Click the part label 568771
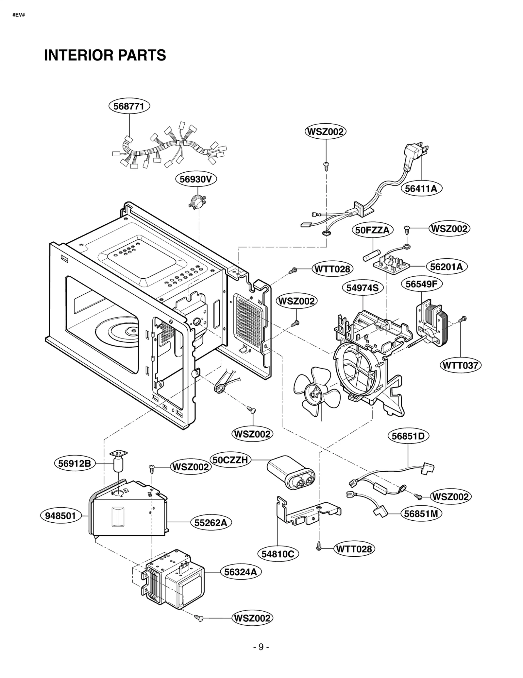129,106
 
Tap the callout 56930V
196,179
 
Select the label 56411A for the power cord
421,189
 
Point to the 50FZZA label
372,230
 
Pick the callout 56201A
446,267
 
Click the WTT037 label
460,365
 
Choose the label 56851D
408,436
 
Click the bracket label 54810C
278,554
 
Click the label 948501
60,516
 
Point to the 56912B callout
75,463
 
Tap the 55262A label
211,523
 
